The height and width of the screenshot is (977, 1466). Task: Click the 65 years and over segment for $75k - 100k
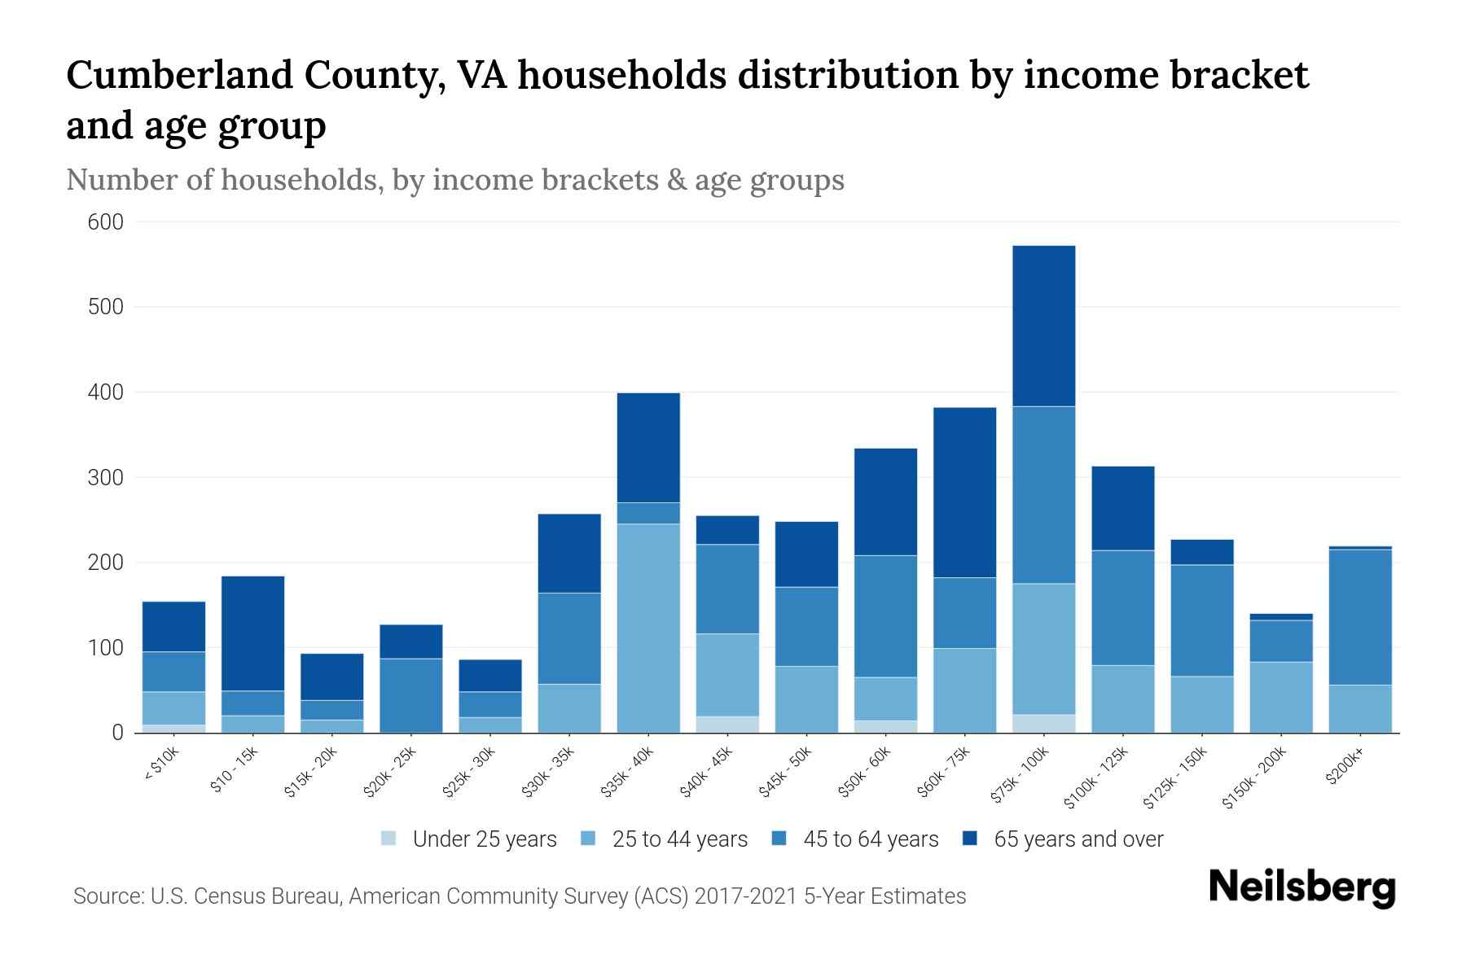pos(1044,326)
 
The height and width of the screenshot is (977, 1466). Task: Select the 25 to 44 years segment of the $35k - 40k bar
pos(648,628)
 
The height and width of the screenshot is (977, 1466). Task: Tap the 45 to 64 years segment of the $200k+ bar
pos(1360,617)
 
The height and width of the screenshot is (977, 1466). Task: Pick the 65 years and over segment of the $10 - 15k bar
pos(252,633)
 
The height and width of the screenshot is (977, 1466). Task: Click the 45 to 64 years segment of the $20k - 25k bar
pos(411,694)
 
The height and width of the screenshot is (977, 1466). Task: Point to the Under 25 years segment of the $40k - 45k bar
pos(727,725)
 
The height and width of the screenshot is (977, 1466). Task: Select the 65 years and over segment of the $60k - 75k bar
pos(964,493)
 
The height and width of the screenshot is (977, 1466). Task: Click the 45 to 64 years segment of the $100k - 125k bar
pos(1123,607)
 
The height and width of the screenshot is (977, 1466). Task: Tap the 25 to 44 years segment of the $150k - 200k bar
pos(1281,697)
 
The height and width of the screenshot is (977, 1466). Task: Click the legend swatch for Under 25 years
pos(389,839)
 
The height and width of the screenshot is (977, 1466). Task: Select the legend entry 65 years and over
pos(1078,839)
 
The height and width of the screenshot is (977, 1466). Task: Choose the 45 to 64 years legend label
pos(871,839)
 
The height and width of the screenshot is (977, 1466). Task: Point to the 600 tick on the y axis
pos(106,222)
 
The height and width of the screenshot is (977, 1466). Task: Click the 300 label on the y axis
pos(106,478)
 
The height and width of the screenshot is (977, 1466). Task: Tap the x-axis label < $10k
pos(161,766)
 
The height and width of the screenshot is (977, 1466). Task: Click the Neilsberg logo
pos(1301,887)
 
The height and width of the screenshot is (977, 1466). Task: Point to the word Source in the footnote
pos(106,896)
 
